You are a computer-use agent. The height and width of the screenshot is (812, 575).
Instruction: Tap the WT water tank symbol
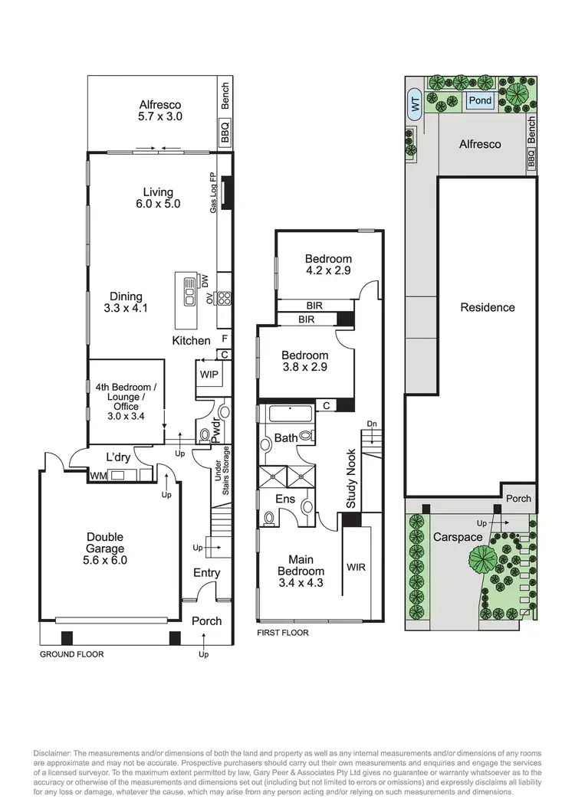416,106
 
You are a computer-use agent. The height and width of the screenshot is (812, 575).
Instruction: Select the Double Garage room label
104,548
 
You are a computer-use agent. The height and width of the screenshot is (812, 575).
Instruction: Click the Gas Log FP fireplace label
215,192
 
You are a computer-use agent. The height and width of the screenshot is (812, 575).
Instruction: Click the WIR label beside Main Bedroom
356,567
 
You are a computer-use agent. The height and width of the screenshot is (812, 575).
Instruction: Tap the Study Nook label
351,479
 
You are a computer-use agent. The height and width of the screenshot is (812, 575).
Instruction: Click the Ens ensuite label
285,499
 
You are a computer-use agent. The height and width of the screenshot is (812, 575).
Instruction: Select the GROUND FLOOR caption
71,654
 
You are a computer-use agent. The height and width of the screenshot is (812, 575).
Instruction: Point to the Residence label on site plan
487,307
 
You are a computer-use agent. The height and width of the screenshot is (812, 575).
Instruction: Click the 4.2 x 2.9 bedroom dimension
327,270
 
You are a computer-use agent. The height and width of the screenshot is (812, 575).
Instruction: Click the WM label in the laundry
97,475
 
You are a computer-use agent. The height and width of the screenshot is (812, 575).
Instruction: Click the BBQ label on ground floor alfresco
225,136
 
